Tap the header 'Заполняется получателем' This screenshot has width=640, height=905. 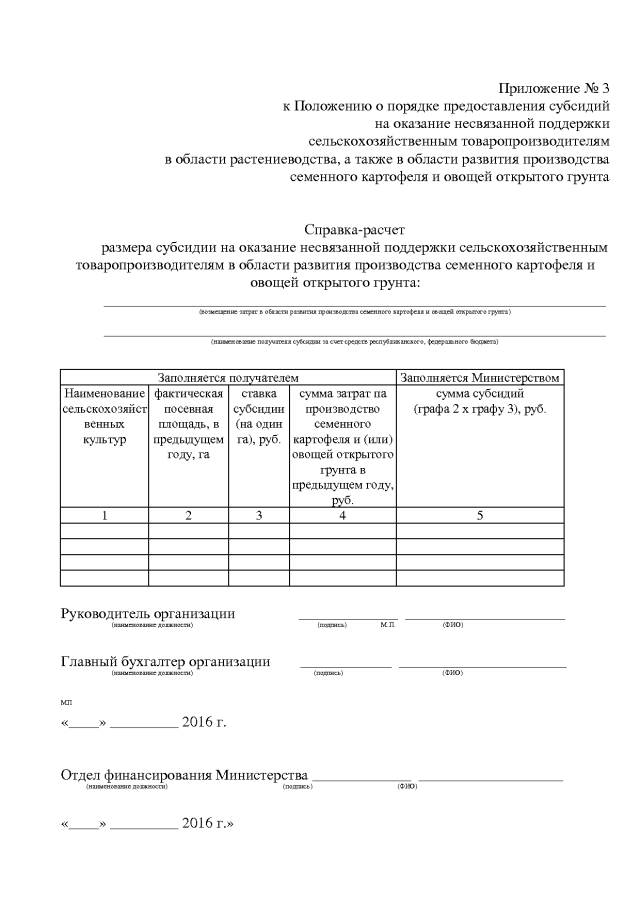tap(228, 377)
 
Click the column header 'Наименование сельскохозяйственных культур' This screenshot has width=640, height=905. tap(105, 417)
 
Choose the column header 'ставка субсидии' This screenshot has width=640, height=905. tap(258, 417)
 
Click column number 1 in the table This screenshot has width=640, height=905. tap(105, 515)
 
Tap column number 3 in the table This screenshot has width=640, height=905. tap(258, 515)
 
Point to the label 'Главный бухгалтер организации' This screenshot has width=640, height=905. tap(165, 661)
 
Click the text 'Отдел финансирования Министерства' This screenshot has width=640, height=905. tap(183, 775)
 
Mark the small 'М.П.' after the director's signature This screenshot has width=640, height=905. tap(388, 625)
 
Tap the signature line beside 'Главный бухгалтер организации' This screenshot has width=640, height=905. tap(345, 665)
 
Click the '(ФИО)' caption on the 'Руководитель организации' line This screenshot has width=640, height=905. tap(453, 625)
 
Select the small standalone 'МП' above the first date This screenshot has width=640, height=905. tap(66, 704)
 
